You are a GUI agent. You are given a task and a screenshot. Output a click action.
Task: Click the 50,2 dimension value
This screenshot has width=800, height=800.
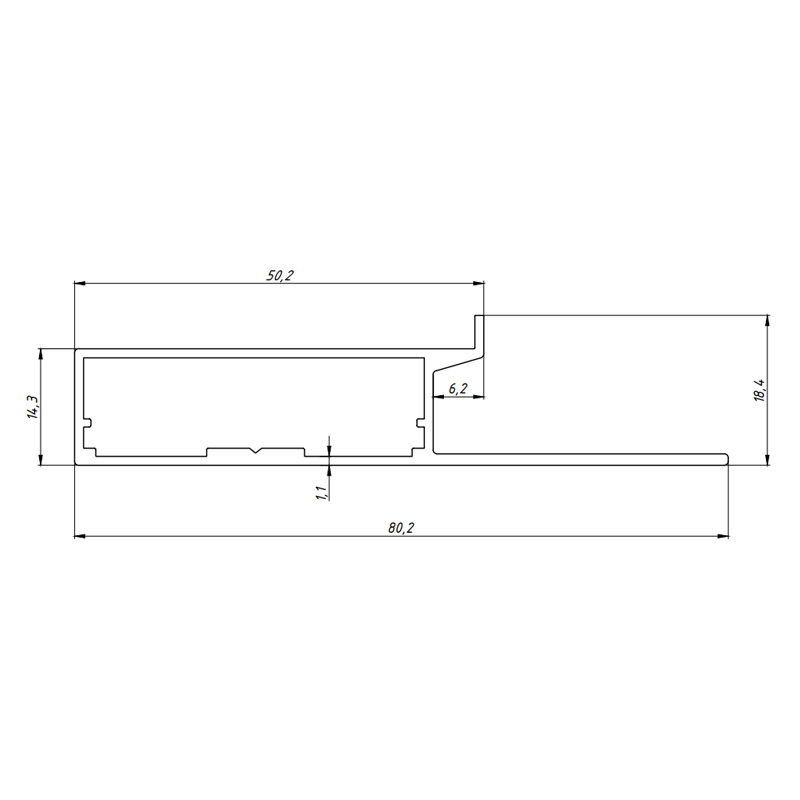[280, 276]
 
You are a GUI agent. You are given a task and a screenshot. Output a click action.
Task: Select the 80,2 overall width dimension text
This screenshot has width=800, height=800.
[401, 528]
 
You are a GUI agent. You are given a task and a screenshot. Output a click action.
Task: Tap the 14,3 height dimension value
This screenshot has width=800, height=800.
[33, 407]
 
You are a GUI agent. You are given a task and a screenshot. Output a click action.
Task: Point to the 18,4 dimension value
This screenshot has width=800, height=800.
[760, 390]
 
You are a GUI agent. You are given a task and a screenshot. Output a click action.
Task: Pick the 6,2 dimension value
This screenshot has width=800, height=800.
[458, 388]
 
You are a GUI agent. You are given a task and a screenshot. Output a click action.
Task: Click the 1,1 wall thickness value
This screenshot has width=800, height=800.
[321, 493]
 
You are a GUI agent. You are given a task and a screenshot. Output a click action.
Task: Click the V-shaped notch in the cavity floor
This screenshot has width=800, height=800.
[256, 450]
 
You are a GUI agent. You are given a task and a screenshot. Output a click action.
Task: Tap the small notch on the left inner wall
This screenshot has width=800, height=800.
[88, 423]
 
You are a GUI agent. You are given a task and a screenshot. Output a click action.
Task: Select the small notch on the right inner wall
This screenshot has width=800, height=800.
[420, 423]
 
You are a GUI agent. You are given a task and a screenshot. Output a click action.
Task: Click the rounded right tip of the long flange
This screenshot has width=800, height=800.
[726, 459]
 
